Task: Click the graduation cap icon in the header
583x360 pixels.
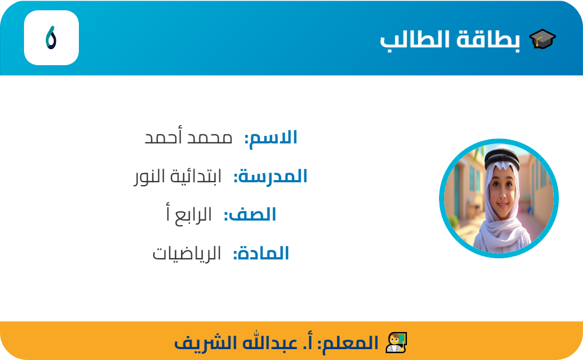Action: click(x=542, y=39)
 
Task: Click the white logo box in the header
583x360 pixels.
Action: click(x=51, y=38)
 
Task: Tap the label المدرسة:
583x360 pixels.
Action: click(x=270, y=177)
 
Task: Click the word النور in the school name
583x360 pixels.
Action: click(x=149, y=177)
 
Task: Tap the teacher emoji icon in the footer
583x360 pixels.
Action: click(x=396, y=342)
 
